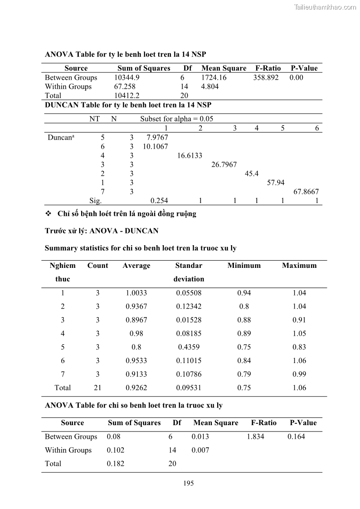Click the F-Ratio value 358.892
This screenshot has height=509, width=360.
tap(266, 78)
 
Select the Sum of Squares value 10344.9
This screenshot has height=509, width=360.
tap(126, 78)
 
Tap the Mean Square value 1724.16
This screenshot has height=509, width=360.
tap(214, 78)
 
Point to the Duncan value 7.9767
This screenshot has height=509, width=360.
tap(157, 137)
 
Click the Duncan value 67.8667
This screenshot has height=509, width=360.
tap(306, 192)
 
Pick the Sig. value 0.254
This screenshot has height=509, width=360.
tap(159, 201)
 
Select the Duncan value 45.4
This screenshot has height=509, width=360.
tap(252, 174)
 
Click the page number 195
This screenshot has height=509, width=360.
tap(189, 483)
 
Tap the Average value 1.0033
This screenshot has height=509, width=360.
tap(136, 293)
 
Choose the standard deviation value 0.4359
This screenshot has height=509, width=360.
tap(189, 347)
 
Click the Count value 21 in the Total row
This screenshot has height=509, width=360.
tap(97, 388)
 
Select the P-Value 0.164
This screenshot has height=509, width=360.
tap(296, 436)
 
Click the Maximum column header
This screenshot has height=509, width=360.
tap(299, 266)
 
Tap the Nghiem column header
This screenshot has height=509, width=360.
tap(63, 266)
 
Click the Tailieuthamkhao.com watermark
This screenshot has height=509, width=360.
tap(325, 7)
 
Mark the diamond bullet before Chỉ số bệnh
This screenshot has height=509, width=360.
tap(49, 213)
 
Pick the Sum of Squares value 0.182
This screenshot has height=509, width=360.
tap(115, 464)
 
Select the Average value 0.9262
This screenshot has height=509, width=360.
tap(136, 388)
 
